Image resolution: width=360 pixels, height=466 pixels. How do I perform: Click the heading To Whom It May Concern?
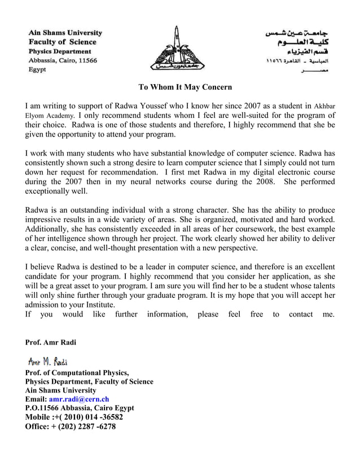(x=186, y=87)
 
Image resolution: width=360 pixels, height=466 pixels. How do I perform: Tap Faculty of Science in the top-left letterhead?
(x=63, y=42)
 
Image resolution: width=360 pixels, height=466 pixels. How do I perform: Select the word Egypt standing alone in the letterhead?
(x=38, y=70)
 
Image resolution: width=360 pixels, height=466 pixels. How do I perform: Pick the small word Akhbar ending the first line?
(x=324, y=105)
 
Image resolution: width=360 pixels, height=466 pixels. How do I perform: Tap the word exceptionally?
(x=49, y=191)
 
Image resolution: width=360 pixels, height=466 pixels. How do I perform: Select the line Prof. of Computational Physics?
(x=77, y=372)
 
